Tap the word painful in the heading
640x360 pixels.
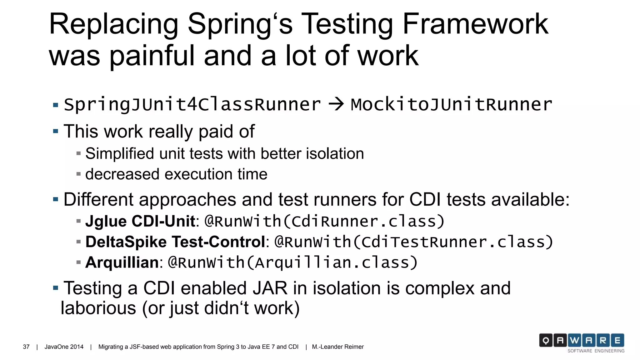click(x=152, y=56)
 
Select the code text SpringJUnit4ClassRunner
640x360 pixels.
click(x=192, y=105)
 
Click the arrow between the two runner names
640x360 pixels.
click(x=336, y=104)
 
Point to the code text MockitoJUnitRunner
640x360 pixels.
click(x=451, y=105)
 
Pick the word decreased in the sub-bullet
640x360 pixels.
click(x=122, y=174)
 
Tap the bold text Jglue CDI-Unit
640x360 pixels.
click(x=140, y=221)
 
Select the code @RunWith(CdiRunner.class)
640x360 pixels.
click(x=324, y=221)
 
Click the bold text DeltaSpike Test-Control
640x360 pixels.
click(x=175, y=242)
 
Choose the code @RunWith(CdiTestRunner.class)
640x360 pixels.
click(x=414, y=242)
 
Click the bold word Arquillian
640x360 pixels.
click(x=122, y=262)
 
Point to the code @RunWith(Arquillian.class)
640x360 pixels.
click(x=292, y=262)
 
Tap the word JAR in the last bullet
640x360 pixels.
click(x=270, y=288)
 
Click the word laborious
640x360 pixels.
click(x=98, y=308)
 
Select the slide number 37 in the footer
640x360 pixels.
click(x=26, y=347)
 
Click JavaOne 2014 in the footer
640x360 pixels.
click(x=64, y=347)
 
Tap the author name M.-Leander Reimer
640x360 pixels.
click(x=338, y=347)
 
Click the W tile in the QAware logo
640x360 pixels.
click(x=574, y=340)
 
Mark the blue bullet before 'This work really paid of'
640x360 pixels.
click(x=56, y=131)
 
